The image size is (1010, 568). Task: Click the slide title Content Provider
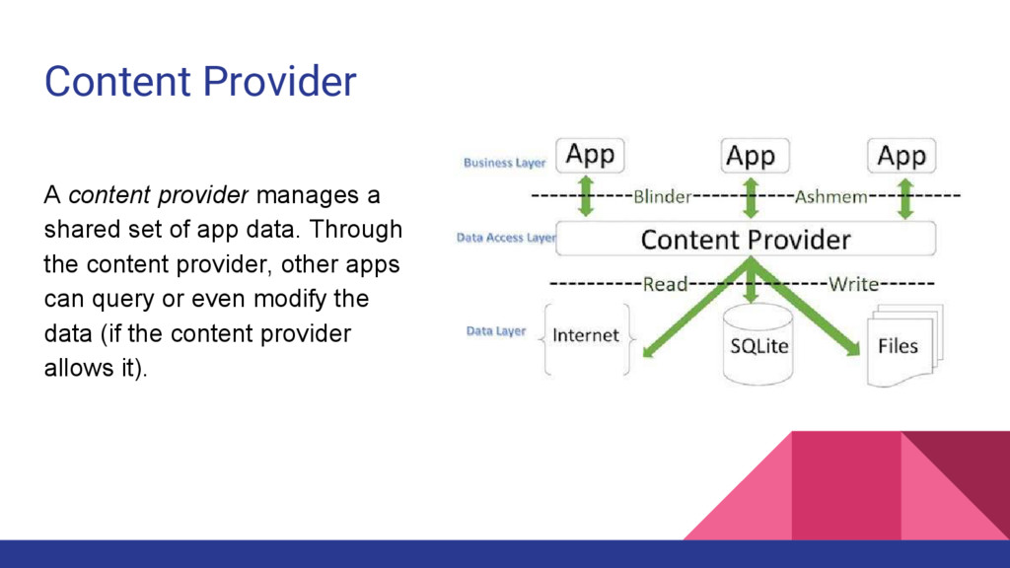point(200,81)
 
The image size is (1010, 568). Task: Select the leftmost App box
point(590,155)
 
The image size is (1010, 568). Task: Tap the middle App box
point(751,156)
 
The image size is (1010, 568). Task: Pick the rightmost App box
point(902,156)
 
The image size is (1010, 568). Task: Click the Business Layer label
point(504,163)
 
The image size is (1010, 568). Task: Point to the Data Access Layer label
point(506,238)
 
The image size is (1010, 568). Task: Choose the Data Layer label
point(496,331)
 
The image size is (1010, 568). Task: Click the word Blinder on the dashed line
point(662,196)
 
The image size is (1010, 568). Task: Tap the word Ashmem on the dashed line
point(830,196)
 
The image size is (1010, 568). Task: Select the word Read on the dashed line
point(665,285)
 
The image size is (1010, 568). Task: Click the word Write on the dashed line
point(853,285)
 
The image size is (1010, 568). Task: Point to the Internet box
point(586,336)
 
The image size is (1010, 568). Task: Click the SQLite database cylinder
point(758,345)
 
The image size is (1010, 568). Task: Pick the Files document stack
point(900,346)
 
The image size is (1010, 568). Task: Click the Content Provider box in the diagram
point(746,240)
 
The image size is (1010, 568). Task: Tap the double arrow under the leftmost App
point(586,196)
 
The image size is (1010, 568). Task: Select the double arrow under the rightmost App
point(902,196)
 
